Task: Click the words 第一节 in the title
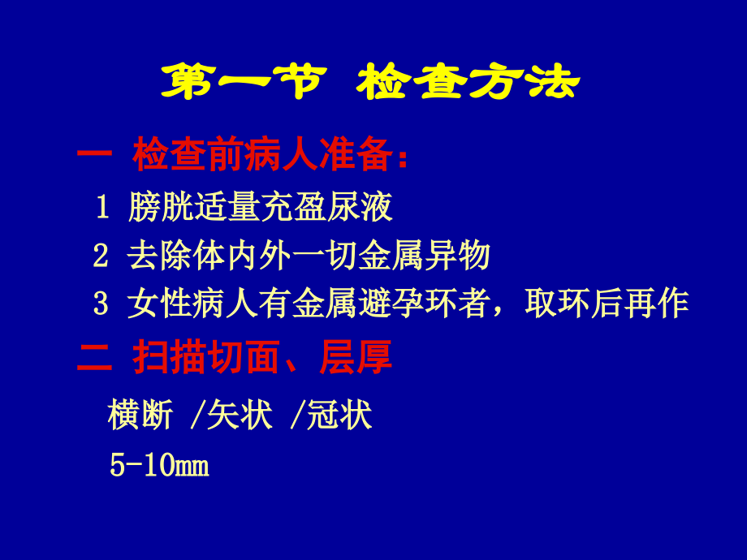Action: [x=243, y=84]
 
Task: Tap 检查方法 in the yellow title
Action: [x=470, y=84]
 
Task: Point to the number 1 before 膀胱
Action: [x=101, y=209]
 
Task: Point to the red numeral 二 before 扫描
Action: [x=95, y=358]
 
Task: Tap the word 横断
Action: [x=140, y=416]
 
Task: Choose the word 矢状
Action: [x=240, y=416]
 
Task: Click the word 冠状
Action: [x=339, y=416]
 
